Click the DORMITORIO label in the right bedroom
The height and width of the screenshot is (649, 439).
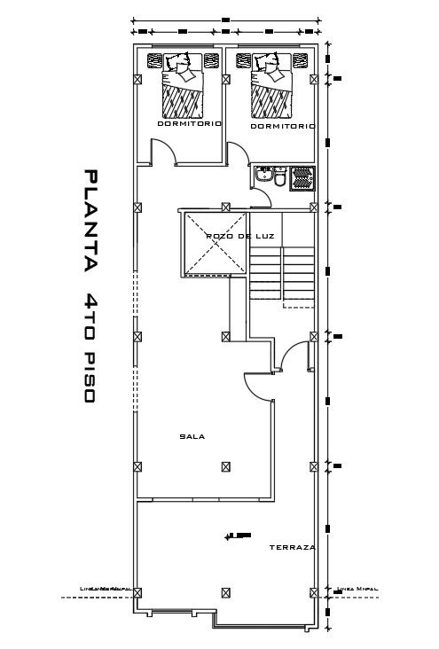282,127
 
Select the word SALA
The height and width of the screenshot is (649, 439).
187,436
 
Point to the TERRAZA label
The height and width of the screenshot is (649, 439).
292,548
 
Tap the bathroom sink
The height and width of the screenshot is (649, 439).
263,176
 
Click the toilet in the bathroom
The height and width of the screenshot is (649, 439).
280,180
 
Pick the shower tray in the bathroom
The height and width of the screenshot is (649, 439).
302,178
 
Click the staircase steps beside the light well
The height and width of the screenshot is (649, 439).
281,273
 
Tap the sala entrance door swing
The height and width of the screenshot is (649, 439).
259,387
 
